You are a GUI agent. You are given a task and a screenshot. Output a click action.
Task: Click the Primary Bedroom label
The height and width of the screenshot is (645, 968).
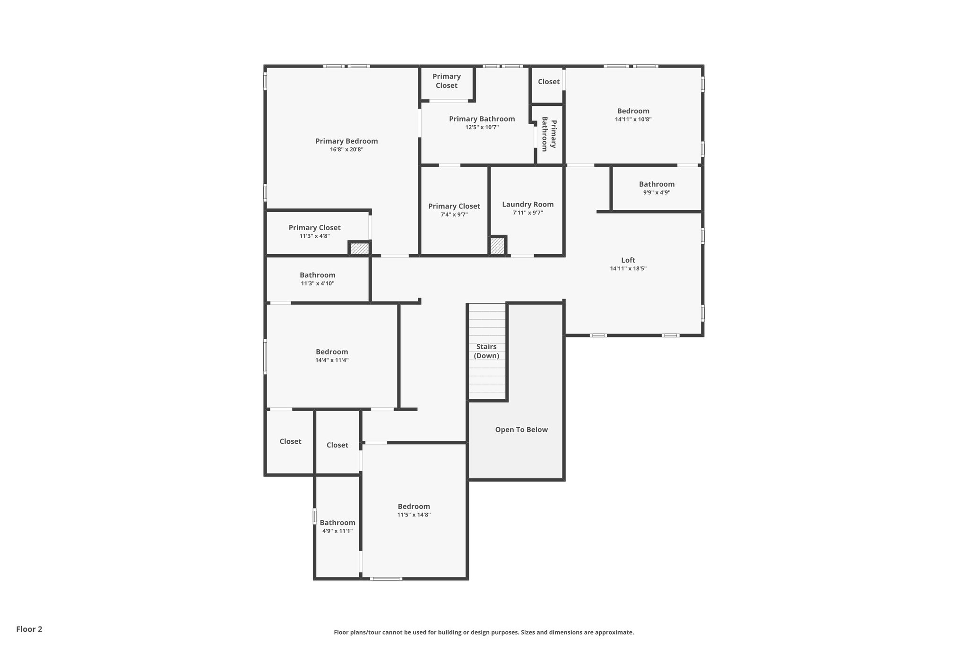click(x=346, y=141)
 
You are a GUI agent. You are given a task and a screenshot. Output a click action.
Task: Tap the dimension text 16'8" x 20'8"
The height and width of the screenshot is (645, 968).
click(x=346, y=150)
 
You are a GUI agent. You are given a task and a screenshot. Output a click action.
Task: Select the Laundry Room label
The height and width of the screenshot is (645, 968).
click(x=527, y=204)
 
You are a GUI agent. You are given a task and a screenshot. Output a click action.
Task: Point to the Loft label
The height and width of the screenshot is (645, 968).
click(x=628, y=260)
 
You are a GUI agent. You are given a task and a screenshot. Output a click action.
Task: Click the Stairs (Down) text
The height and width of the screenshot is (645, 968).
click(x=486, y=351)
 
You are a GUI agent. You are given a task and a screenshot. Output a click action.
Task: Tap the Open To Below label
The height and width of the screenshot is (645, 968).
click(x=521, y=430)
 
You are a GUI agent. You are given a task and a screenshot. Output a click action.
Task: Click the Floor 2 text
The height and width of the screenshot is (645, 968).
click(x=29, y=629)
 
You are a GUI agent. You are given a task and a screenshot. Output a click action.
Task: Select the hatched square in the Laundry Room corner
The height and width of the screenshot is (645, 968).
click(x=497, y=246)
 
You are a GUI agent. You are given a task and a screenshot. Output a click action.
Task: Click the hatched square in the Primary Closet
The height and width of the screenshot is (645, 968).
click(x=359, y=249)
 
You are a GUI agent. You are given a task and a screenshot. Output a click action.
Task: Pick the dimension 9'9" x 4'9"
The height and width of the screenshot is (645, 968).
click(x=657, y=193)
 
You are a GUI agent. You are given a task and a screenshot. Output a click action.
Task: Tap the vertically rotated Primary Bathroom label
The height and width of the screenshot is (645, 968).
click(x=549, y=134)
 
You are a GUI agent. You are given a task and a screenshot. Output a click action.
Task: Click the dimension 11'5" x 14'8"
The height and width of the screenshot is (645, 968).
click(x=414, y=515)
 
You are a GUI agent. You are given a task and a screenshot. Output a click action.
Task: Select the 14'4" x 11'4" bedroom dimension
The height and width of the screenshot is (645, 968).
click(x=332, y=361)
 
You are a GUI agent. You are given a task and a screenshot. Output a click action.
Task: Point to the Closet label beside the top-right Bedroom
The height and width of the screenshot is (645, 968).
click(x=548, y=82)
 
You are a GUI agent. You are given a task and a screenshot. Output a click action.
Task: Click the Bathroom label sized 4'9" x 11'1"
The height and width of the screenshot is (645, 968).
click(x=337, y=522)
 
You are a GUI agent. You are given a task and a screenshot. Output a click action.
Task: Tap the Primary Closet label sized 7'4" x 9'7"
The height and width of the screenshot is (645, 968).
click(x=454, y=206)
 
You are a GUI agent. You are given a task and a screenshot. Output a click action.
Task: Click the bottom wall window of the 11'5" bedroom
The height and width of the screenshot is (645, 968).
click(x=386, y=578)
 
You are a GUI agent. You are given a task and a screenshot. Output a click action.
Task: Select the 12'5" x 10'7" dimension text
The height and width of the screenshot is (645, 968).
click(x=482, y=128)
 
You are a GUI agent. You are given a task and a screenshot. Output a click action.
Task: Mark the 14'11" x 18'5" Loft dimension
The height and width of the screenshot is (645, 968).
click(x=628, y=269)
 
